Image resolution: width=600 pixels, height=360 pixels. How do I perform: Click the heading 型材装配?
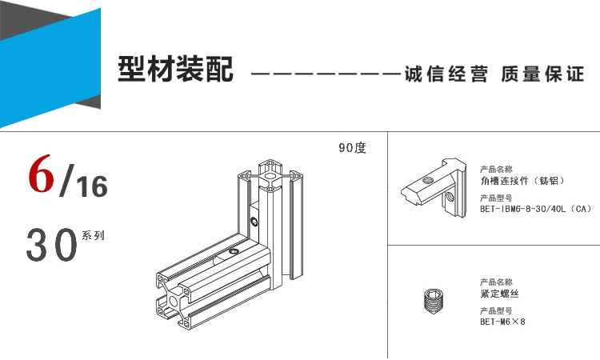(175, 70)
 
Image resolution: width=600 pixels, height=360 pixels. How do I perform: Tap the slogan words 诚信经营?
(446, 74)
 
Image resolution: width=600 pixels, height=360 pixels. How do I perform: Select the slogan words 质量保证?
(542, 74)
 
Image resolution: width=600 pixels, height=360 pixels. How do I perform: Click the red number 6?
(41, 174)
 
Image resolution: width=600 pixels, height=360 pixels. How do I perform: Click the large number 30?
(52, 245)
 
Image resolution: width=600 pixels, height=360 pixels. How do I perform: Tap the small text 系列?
(93, 235)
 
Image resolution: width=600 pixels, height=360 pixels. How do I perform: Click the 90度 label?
(352, 148)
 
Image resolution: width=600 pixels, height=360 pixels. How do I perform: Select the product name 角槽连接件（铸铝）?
(522, 181)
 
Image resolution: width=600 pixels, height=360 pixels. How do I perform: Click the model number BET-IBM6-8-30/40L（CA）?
(536, 209)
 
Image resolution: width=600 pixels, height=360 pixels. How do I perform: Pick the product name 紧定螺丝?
(499, 294)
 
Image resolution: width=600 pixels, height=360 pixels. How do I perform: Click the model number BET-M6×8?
(502, 322)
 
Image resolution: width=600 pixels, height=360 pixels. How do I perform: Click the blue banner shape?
(50, 68)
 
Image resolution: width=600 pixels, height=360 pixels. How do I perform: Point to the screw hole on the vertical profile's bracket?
(254, 221)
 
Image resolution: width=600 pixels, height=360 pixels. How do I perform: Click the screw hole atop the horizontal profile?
(233, 251)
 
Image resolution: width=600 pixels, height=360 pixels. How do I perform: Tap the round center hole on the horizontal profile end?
(173, 301)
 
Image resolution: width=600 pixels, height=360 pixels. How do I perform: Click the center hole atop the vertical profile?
(270, 177)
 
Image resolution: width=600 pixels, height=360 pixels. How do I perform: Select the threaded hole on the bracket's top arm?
(427, 179)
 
